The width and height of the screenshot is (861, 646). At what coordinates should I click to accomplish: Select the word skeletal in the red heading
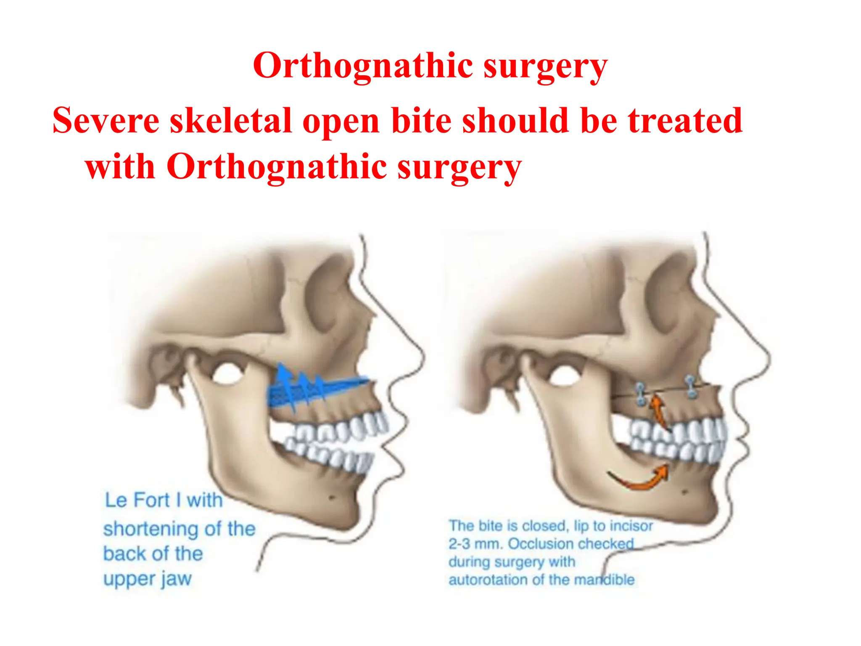click(x=231, y=121)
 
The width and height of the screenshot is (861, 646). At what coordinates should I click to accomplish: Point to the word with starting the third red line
click(x=120, y=167)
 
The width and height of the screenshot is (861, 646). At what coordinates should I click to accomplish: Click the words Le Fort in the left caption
click(x=137, y=500)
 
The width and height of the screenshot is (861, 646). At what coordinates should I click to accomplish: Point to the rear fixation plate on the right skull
click(x=640, y=394)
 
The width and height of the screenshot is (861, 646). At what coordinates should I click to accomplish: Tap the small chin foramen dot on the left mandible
click(x=332, y=498)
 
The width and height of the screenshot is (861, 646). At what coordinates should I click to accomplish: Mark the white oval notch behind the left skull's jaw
click(x=227, y=373)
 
